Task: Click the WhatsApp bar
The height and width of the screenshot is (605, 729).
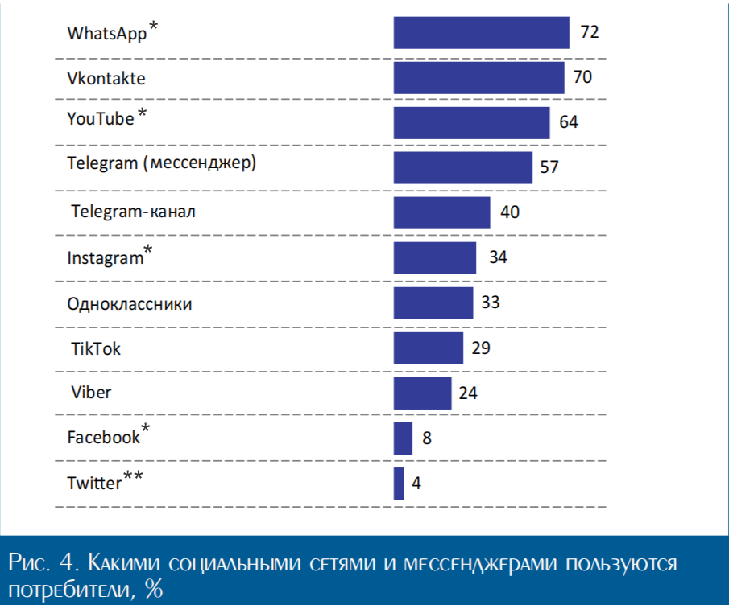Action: (481, 32)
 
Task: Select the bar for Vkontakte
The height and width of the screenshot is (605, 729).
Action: (478, 78)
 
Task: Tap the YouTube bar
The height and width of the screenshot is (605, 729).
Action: (471, 123)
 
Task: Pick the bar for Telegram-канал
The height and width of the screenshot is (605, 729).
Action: (441, 213)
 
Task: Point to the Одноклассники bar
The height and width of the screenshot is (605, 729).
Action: (433, 303)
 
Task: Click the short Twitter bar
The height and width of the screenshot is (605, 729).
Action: (399, 484)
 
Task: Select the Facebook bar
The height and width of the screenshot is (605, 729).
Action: (403, 438)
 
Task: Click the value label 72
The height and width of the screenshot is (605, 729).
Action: (590, 33)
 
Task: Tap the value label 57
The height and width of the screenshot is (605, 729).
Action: (549, 168)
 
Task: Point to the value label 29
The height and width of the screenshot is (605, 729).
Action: (482, 348)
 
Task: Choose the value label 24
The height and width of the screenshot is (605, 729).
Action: (469, 393)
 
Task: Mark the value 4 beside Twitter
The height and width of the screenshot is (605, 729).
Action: (416, 484)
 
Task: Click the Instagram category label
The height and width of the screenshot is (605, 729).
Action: (106, 258)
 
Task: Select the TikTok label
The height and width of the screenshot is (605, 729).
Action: (97, 348)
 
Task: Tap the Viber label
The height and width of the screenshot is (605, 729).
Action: (91, 393)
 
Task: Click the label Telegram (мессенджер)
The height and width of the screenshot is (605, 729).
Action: (161, 164)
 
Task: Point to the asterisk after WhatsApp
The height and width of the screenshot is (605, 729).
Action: (154, 28)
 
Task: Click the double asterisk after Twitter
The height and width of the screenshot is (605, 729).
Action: (134, 478)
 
